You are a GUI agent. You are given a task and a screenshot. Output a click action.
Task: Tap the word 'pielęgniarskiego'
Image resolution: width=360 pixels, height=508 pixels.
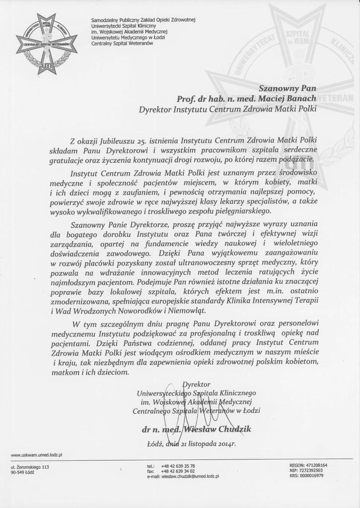click(207, 211)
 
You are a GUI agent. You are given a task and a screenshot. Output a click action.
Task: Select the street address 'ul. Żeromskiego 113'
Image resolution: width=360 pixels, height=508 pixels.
click(30, 467)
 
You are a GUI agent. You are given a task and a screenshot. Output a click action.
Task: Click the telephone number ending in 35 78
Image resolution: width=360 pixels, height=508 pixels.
click(178, 466)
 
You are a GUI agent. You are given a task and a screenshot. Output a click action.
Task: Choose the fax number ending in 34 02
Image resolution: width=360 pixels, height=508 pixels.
click(178, 471)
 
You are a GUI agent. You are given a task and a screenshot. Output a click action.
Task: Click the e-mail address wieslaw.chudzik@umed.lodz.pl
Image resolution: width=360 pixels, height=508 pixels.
click(191, 476)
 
